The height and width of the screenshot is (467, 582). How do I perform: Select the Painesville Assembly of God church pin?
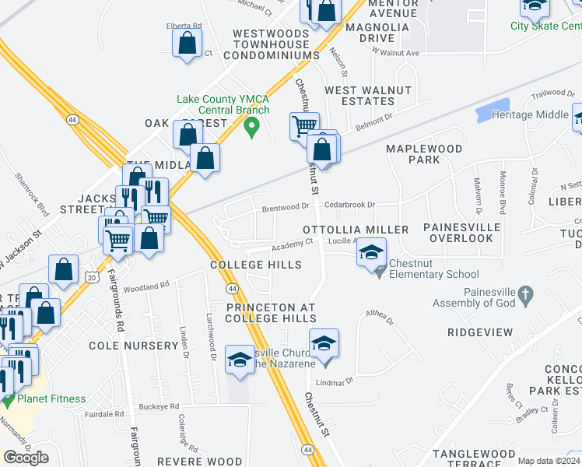(x=525, y=295)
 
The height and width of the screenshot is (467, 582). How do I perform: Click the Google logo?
(x=26, y=457)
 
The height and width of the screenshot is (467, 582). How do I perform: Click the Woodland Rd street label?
(x=146, y=286)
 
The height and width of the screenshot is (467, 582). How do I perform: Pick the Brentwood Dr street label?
(x=286, y=208)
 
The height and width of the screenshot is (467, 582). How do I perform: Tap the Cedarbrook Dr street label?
(x=350, y=205)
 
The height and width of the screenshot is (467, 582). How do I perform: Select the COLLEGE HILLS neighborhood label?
(x=256, y=265)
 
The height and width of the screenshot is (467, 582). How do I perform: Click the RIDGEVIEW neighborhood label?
(x=480, y=332)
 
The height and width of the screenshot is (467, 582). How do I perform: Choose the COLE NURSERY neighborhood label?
(x=134, y=345)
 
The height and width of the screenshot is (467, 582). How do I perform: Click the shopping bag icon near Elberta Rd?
(x=188, y=45)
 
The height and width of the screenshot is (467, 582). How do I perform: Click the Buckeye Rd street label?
(x=159, y=406)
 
